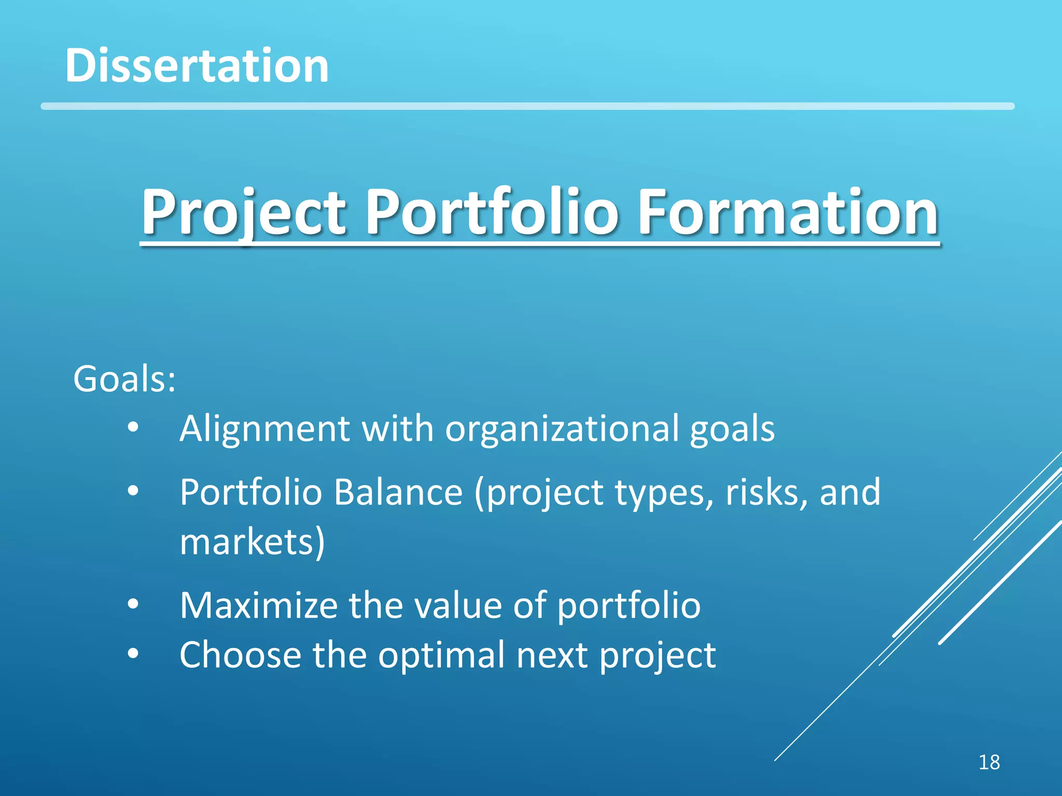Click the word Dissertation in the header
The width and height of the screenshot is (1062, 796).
point(197,66)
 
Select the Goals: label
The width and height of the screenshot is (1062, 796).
point(124,379)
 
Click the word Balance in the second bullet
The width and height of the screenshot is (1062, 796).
point(398,492)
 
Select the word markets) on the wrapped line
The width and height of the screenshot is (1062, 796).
point(252,542)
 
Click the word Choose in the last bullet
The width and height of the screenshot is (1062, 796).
point(240,655)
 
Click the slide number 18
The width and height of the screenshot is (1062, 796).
point(989,762)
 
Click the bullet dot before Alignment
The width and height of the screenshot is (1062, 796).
point(133,428)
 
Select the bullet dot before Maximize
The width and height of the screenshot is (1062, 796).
point(133,604)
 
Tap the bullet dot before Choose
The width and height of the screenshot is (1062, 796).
point(133,654)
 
